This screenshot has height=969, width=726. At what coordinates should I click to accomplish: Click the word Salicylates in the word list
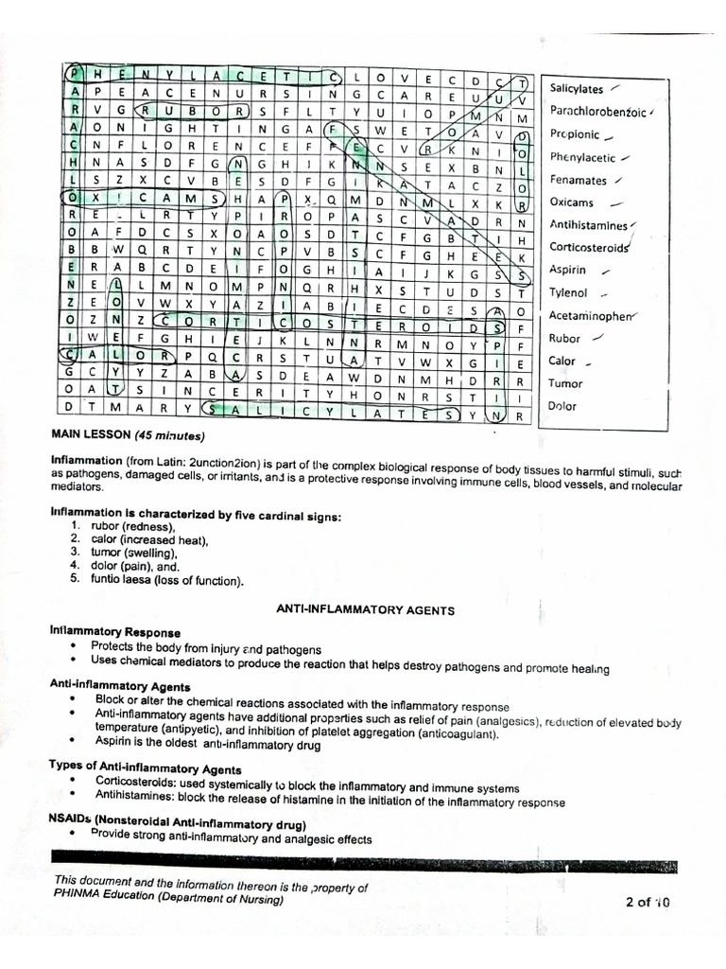(x=576, y=89)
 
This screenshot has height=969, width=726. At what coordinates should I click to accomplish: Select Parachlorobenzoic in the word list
(x=598, y=112)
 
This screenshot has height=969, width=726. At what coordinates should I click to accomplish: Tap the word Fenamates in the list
(x=579, y=180)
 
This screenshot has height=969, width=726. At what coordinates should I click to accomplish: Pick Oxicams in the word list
(x=572, y=203)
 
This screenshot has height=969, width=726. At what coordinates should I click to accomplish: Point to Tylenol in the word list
(x=569, y=293)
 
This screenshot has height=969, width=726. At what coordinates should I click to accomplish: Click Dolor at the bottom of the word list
(x=563, y=406)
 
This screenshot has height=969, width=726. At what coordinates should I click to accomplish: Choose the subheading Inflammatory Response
(x=114, y=630)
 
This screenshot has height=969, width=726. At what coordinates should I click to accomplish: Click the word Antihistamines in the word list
(x=588, y=225)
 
